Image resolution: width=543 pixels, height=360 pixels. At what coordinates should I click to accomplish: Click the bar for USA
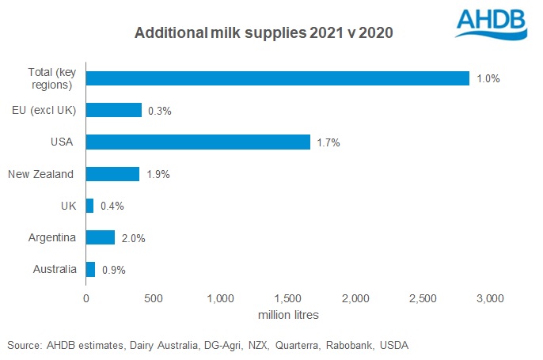click(x=198, y=142)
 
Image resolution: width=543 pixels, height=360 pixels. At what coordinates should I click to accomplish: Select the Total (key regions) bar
click(x=277, y=78)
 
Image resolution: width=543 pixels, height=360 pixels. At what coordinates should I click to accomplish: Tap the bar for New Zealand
click(x=112, y=174)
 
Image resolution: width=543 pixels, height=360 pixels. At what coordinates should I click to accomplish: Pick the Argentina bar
click(x=101, y=237)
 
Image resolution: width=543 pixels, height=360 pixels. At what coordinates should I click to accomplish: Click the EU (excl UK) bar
click(x=113, y=110)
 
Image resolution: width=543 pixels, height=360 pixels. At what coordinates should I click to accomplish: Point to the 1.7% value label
click(x=328, y=142)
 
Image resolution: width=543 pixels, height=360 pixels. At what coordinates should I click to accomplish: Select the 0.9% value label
click(x=114, y=270)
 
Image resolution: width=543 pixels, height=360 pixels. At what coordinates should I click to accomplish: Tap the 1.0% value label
click(x=488, y=79)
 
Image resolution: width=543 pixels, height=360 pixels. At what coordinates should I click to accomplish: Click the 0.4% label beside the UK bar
click(x=112, y=206)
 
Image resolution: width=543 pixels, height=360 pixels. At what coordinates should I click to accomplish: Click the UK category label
click(x=68, y=206)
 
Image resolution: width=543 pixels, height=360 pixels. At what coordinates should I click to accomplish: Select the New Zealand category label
click(x=41, y=174)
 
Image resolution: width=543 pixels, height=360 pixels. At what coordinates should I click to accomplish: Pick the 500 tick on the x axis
click(x=154, y=298)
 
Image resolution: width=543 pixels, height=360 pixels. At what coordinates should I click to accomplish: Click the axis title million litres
click(x=289, y=315)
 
